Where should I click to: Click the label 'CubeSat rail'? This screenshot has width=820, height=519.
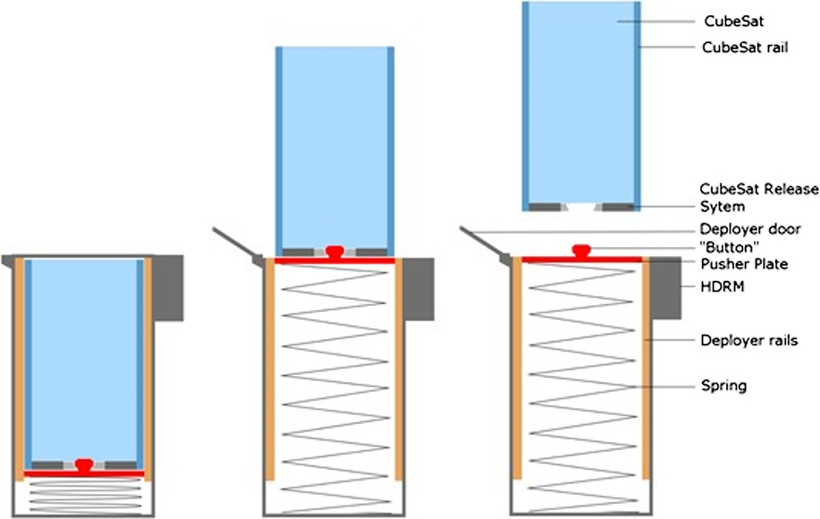coord(746,47)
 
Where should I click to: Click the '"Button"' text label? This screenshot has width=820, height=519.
coord(726,246)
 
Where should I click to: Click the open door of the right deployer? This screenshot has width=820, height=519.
coord(484,243)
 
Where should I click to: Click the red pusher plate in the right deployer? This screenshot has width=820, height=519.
coord(582,260)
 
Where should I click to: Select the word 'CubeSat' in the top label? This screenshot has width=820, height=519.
coord(726,20)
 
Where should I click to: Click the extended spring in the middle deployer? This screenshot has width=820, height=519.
coord(334,385)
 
